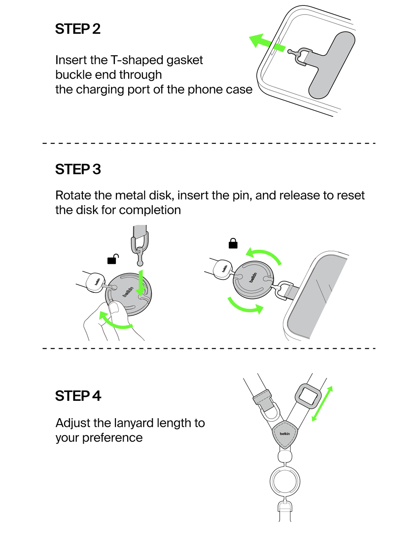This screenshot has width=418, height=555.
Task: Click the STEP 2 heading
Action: coord(78,29)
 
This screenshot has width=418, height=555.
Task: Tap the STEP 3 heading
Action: coord(78,170)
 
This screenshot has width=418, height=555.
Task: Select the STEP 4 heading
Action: coord(78,396)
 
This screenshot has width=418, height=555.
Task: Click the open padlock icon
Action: coord(113,259)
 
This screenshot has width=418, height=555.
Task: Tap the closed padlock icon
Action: coord(233,243)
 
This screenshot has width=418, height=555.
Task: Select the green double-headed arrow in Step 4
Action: coord(322,404)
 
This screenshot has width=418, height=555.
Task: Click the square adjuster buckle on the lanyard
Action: coord(308,396)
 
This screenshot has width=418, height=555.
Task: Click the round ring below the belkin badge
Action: coord(285,481)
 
